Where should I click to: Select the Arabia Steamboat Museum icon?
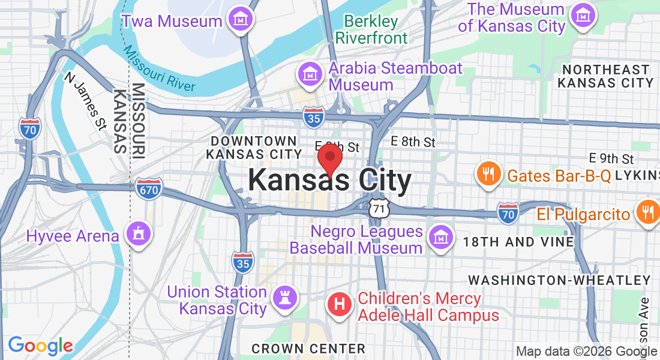pyautogui.click(x=310, y=75)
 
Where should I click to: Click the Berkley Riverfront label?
pyautogui.click(x=371, y=29)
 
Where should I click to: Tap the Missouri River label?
pyautogui.click(x=160, y=71)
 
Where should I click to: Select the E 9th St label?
pyautogui.click(x=611, y=158)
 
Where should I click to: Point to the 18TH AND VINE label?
pyautogui.click(x=518, y=242)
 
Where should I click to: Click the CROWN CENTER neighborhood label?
pyautogui.click(x=308, y=349)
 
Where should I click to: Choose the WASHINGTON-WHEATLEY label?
pyautogui.click(x=559, y=280)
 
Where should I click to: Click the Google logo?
pyautogui.click(x=40, y=346)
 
